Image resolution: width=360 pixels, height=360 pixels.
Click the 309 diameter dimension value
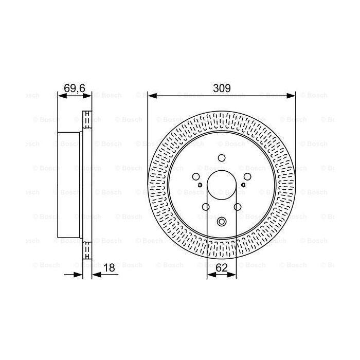[x=222, y=88]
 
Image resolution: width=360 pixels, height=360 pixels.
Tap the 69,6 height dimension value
[x=74, y=88]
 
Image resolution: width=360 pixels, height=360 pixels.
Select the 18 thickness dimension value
[x=109, y=267]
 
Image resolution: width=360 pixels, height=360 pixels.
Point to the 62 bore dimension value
[x=222, y=267]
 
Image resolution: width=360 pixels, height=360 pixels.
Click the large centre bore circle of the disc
[x=222, y=186]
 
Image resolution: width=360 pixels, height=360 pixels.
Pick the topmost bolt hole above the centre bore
[x=222, y=158]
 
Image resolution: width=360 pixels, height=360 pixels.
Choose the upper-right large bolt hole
[x=247, y=177]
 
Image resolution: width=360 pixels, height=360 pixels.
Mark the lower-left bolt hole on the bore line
[x=206, y=207]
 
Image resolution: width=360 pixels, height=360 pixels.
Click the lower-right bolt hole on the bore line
[x=238, y=207]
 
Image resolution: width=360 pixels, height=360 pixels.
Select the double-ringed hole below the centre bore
[x=222, y=222]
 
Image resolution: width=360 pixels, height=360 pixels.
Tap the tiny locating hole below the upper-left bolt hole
[x=199, y=184]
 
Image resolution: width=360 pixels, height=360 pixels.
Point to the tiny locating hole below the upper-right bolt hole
[x=245, y=184]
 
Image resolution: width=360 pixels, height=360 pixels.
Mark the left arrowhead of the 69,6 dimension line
[x=60, y=95]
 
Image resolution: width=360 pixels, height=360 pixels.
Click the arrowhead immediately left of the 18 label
[x=95, y=274]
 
